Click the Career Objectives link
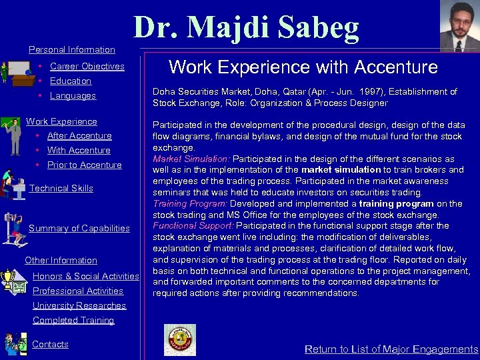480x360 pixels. pos(87,66)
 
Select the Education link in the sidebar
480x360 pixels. pos(70,81)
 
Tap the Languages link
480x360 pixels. pos(73,95)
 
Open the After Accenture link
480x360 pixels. pos(79,135)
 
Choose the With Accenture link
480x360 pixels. pos(79,150)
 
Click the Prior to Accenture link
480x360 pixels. pos(84,165)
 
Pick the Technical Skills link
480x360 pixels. pos(61,188)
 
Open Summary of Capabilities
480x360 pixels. pos(79,228)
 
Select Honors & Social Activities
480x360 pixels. pos(85,276)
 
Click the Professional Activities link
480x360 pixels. pos(78,291)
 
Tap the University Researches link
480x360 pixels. pos(79,305)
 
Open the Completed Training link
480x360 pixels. pos(73,320)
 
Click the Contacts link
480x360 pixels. pos(51,344)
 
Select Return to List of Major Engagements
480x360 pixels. pos(391,349)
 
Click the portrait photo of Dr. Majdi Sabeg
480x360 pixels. pos(459,26)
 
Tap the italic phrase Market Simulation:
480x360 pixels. pos(191,159)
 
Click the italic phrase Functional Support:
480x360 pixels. pos(193,225)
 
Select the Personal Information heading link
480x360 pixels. pos(72,49)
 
